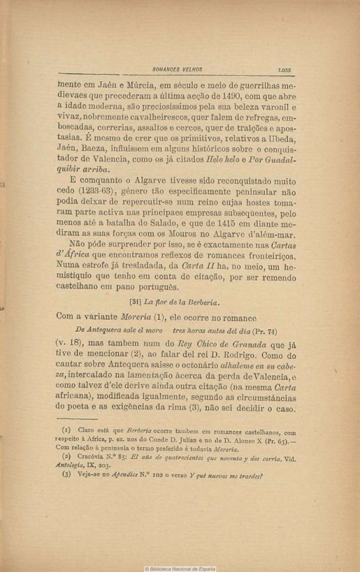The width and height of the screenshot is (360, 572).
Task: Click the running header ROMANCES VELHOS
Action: (x=178, y=70)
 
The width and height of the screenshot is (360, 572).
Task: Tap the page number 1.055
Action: (x=285, y=70)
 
